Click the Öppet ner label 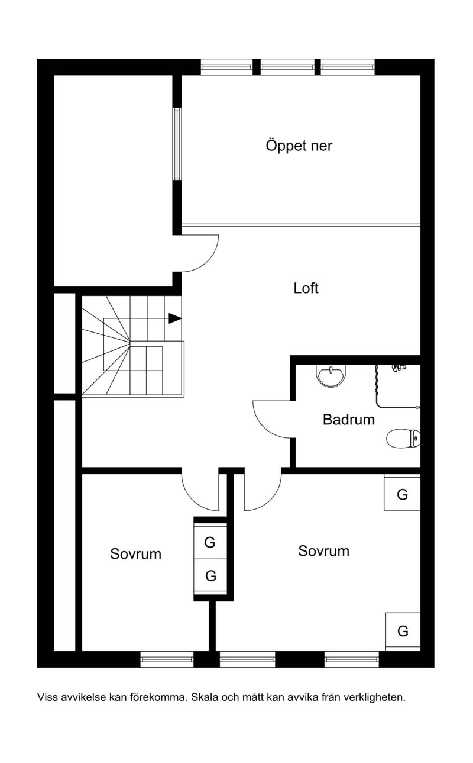point(299,146)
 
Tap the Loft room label point(306,288)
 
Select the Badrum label point(349,420)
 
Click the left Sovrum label point(135,554)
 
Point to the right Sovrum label point(323,551)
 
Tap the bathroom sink point(331,376)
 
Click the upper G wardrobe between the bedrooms point(210,542)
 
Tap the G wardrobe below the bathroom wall point(402,495)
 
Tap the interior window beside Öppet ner point(177,144)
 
